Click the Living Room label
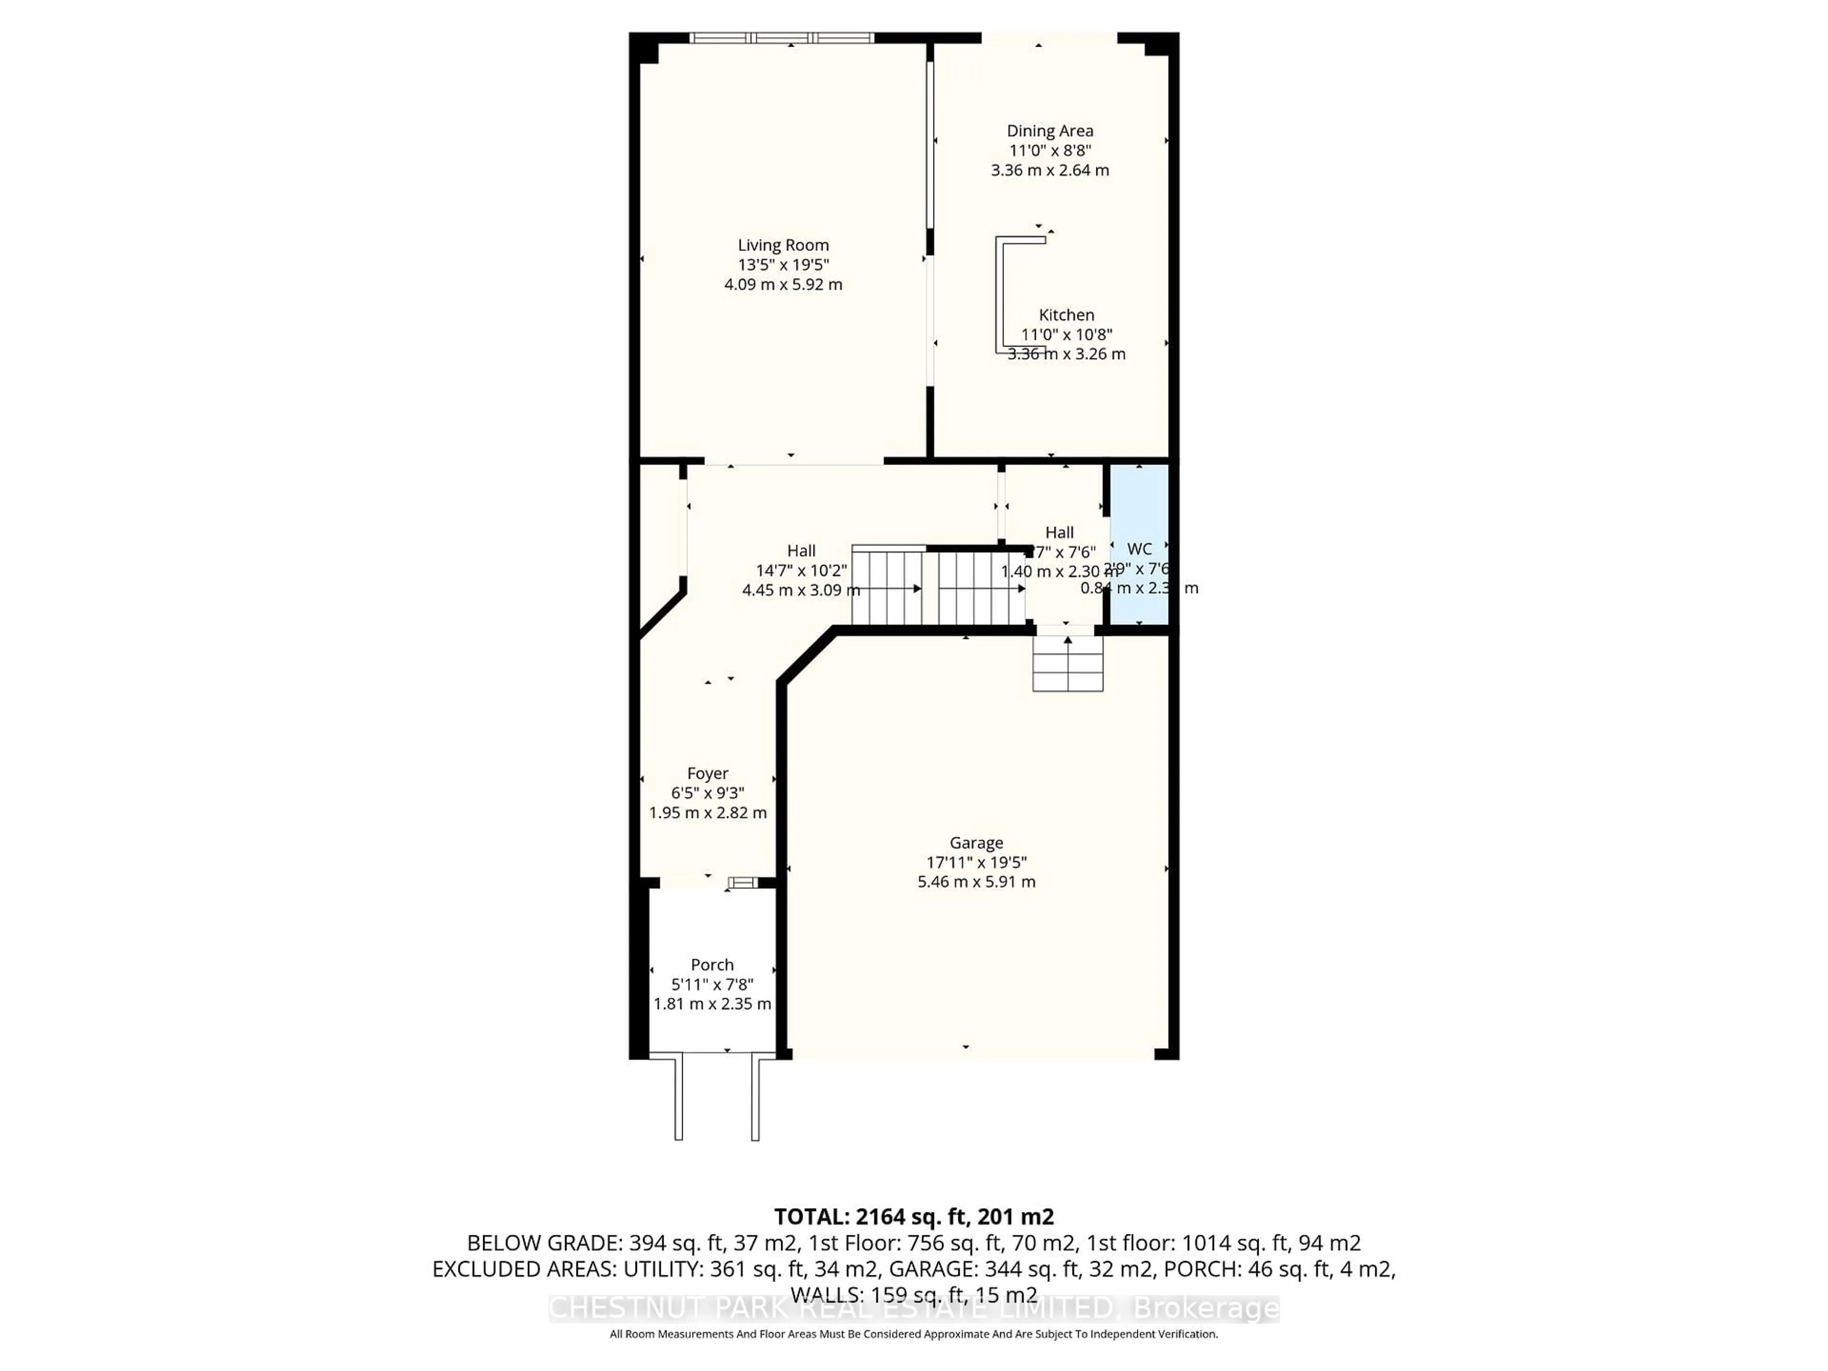783,246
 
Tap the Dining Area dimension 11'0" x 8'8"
1050,150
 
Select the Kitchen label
1066,315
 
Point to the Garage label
976,843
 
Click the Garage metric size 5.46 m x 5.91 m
976,882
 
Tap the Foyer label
707,774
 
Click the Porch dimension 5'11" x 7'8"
712,984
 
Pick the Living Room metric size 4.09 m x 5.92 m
783,284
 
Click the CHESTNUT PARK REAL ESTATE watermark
913,1309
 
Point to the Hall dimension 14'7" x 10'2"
801,570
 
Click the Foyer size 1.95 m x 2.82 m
707,812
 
